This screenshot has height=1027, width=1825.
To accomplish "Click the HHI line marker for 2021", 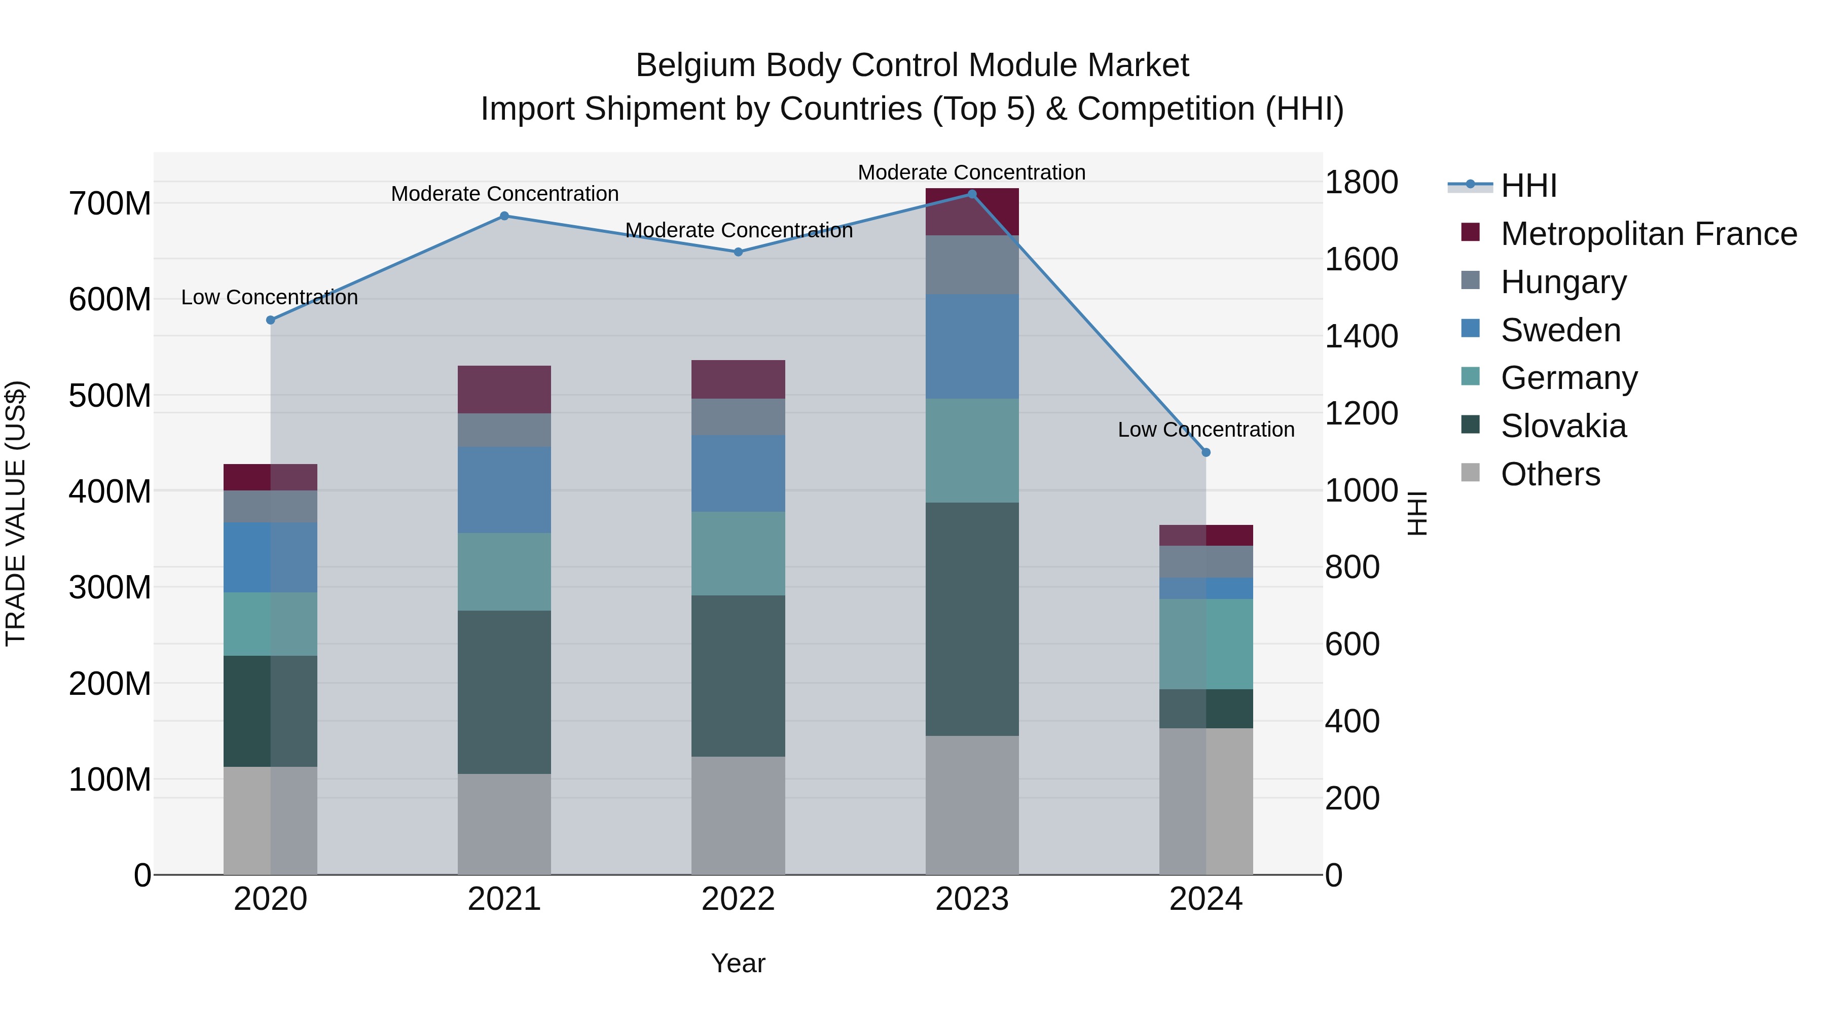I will [504, 216].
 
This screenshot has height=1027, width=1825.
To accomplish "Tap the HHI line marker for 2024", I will [1206, 452].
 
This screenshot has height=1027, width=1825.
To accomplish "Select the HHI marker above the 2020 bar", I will [270, 321].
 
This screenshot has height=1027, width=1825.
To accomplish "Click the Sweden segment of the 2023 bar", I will [971, 346].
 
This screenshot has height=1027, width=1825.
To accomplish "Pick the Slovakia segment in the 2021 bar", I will [504, 692].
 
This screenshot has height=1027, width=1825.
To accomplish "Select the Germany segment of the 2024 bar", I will [1206, 644].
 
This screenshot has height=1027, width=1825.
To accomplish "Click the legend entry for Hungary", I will [1563, 282].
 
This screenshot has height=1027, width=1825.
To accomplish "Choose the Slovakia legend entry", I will [1563, 427].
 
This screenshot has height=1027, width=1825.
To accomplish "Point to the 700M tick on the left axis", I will [110, 204].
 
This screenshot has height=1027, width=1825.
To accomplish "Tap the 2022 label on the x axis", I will [738, 899].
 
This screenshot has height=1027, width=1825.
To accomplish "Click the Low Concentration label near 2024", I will [1206, 430].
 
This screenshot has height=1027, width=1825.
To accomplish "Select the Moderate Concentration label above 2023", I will [971, 172].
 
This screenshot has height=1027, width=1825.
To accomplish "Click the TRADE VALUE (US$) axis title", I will [16, 513].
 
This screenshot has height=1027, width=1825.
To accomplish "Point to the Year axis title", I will [738, 963].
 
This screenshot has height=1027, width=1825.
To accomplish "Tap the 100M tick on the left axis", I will [110, 780].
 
